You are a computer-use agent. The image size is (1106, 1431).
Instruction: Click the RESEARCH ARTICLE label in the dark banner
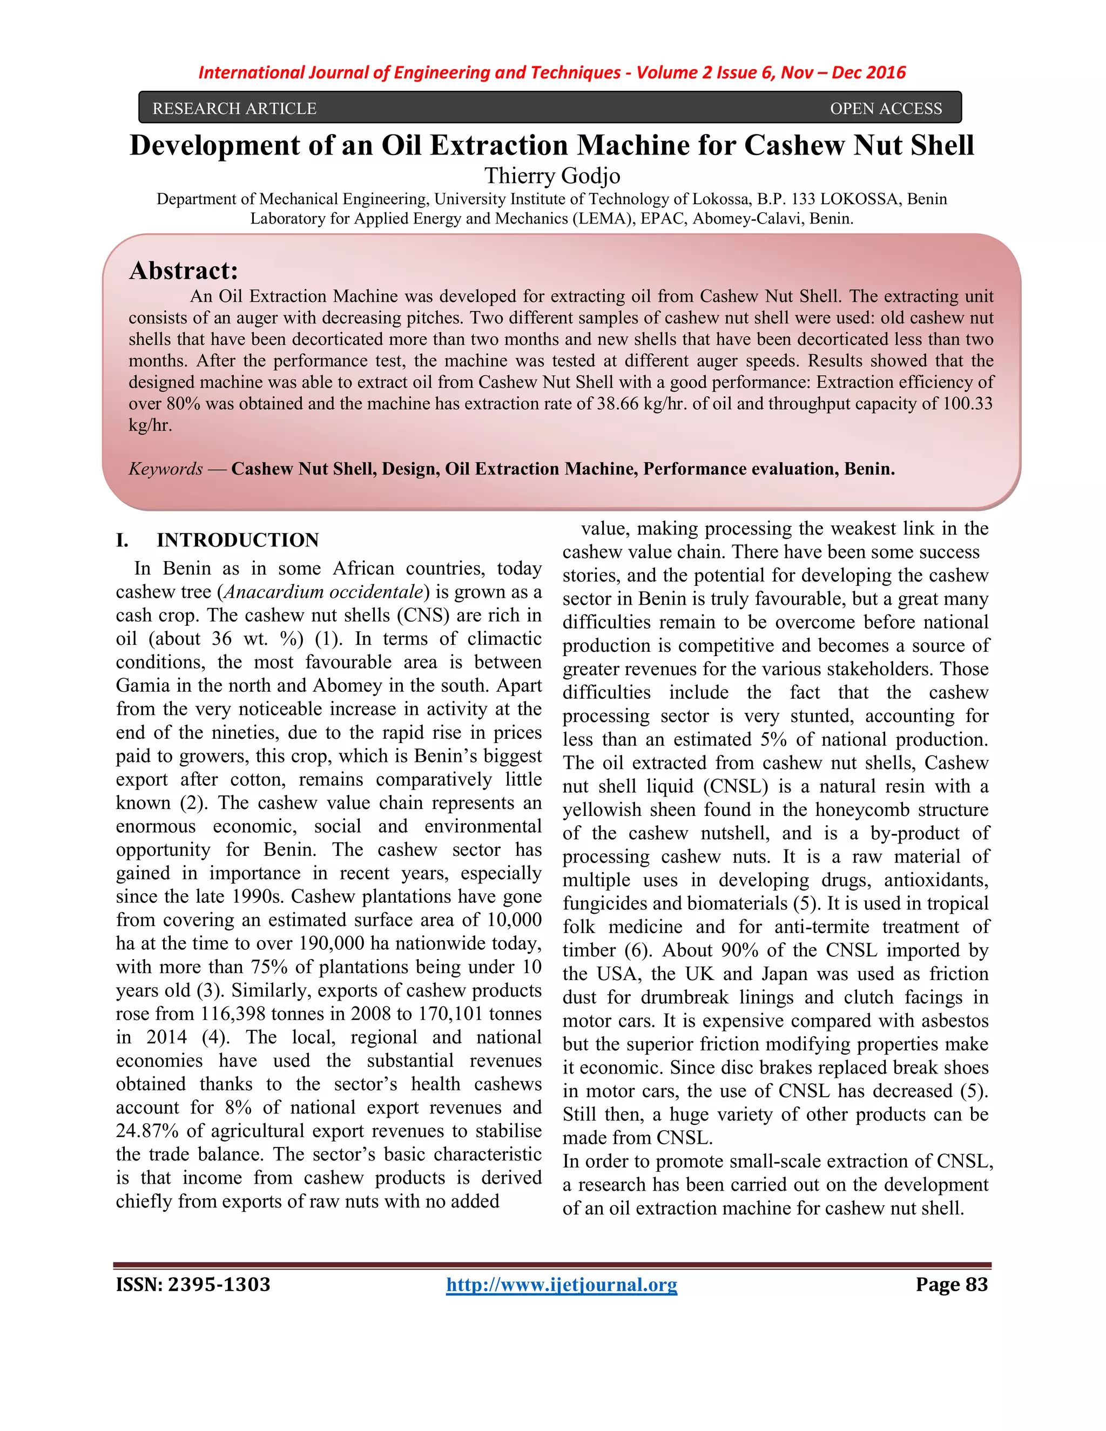(x=234, y=108)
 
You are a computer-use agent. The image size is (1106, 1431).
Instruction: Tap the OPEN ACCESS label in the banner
(x=886, y=108)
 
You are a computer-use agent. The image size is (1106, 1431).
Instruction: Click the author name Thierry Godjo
(x=552, y=175)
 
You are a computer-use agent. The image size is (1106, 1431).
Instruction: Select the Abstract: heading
(x=184, y=271)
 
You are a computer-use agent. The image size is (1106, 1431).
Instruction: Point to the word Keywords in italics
(x=166, y=469)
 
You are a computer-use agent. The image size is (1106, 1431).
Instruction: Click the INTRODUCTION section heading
(x=237, y=540)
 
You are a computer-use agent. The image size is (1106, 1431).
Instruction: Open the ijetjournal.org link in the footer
(x=562, y=1284)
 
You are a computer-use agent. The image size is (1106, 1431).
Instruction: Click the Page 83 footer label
(x=952, y=1284)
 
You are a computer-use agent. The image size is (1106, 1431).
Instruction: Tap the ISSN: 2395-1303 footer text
(x=193, y=1284)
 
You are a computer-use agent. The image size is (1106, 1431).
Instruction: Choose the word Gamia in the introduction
(x=141, y=685)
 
